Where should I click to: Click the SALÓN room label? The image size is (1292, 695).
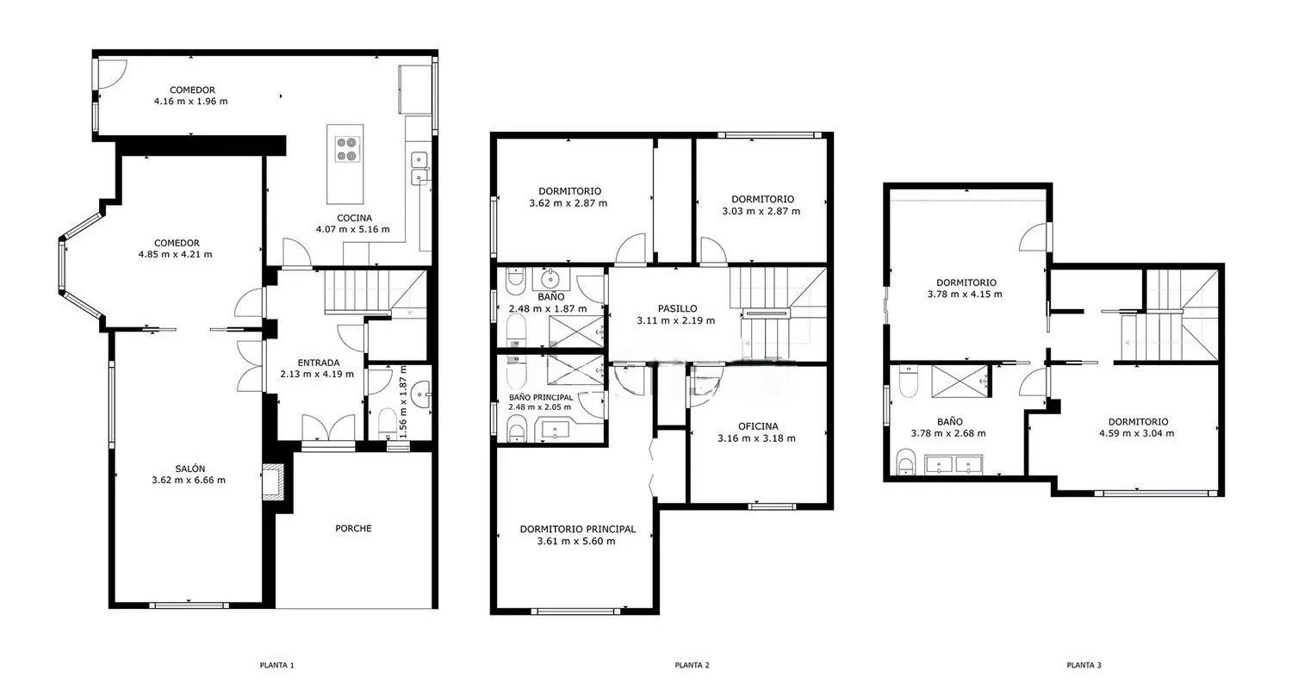[x=190, y=469]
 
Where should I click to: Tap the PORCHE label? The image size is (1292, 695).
[x=353, y=528]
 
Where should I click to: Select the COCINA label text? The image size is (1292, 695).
[x=354, y=218]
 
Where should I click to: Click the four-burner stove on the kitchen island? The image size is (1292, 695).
[x=345, y=149]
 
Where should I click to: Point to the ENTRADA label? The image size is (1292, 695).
[x=319, y=363]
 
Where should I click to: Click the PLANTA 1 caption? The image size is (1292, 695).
[x=276, y=665]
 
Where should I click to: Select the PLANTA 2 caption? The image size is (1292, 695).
[x=693, y=665]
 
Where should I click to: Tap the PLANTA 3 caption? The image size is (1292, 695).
[x=1084, y=665]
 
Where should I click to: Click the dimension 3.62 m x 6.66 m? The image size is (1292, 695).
[x=189, y=480]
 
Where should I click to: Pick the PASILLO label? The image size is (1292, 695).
[x=678, y=308]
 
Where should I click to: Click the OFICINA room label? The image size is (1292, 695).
[x=758, y=426]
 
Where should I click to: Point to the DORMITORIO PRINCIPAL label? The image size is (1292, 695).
[x=578, y=529]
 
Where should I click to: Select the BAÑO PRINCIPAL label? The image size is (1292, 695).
[x=541, y=397]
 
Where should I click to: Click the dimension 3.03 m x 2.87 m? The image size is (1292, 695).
[x=761, y=211]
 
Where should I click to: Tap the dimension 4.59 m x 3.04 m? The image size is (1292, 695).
[x=1137, y=433]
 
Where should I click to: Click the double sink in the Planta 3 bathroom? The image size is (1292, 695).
[x=953, y=464]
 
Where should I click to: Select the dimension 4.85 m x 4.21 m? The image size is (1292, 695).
[x=176, y=254]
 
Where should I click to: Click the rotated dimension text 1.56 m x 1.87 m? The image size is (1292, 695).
[x=403, y=401]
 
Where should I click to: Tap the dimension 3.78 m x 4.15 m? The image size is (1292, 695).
[x=965, y=295]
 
